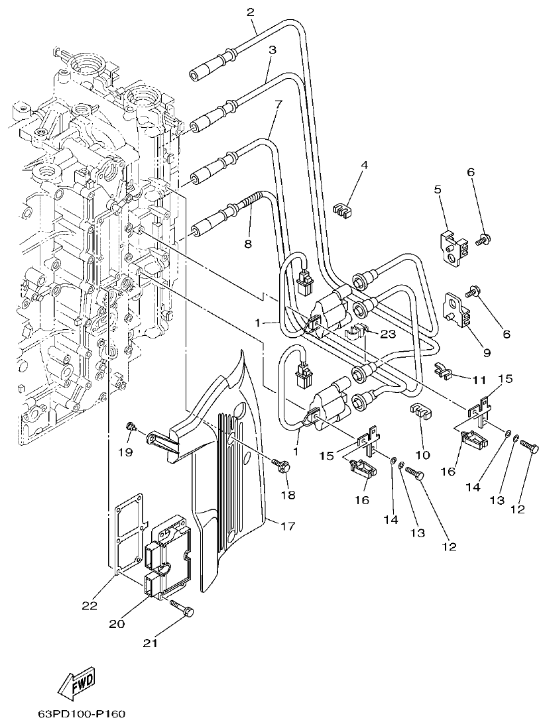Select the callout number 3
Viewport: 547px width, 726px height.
pos(272,50)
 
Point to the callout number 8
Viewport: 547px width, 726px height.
pos(247,244)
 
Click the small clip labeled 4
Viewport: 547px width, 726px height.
pos(341,211)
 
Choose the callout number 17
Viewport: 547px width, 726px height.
pos(288,527)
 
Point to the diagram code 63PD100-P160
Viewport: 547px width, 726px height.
pos(82,714)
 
